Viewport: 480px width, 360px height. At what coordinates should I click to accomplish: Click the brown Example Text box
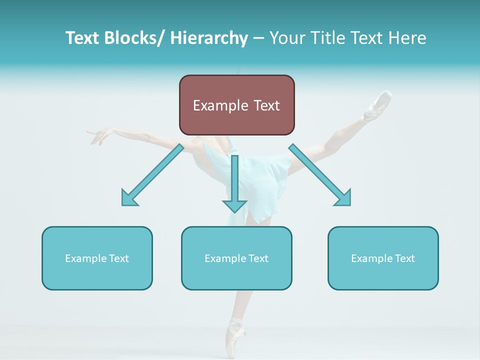click(x=236, y=105)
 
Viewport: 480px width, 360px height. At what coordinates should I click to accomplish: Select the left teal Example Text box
click(x=97, y=258)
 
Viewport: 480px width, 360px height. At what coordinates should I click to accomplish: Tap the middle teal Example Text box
click(x=236, y=258)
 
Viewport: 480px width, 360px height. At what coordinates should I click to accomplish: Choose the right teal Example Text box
click(x=383, y=258)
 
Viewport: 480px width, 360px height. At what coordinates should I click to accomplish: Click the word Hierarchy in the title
click(x=209, y=38)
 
